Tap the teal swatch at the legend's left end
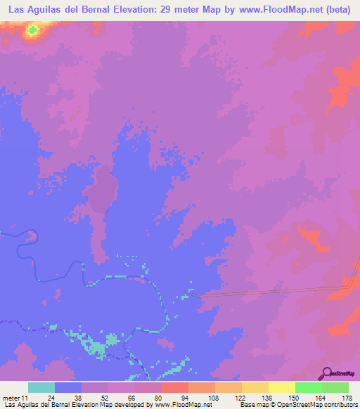click(x=41, y=387)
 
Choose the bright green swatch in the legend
click(x=308, y=387)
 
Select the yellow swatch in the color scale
click(x=281, y=387)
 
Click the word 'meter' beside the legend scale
click(x=12, y=398)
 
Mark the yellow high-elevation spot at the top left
click(x=32, y=30)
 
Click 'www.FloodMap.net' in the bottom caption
click(x=182, y=405)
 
